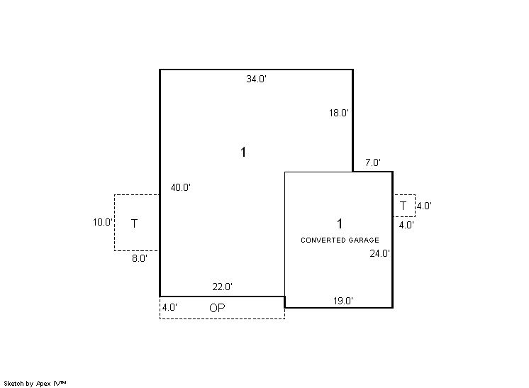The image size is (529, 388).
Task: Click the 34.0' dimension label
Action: point(257,79)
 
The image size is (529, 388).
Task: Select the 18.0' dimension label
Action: point(339,113)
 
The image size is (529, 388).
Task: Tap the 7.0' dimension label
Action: point(373,162)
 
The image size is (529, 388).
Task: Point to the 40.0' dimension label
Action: point(181,187)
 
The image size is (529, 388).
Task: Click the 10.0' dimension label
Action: point(103,222)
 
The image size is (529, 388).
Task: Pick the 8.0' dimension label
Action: point(140,258)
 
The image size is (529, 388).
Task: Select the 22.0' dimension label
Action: point(223,287)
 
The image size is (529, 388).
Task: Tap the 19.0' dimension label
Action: point(343,301)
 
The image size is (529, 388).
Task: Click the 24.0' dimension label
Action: point(380,253)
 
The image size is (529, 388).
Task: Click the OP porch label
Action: point(217,308)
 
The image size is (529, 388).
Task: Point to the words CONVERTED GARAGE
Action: point(340,240)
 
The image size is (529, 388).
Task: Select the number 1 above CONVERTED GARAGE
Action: point(340,223)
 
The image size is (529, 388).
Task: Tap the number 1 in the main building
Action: point(243,153)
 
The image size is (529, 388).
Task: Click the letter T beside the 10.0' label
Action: point(134,223)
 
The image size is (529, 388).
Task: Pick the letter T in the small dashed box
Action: point(403,206)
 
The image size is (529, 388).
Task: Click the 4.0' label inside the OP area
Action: point(169,308)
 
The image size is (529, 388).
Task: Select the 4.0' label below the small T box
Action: point(406,225)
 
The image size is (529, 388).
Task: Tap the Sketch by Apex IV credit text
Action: point(35,384)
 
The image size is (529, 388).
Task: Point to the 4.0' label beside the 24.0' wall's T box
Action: point(425,206)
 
